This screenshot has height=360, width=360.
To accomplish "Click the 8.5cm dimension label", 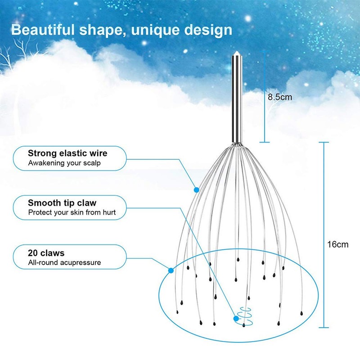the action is point(279,96).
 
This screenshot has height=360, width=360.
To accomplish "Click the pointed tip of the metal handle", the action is point(237,54).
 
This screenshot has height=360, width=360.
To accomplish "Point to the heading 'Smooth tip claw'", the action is point(62,203).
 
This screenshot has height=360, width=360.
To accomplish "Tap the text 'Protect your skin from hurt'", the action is point(75,212).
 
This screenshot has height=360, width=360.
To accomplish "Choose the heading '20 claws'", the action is point(46,253).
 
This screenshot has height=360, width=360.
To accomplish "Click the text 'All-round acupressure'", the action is point(64,262).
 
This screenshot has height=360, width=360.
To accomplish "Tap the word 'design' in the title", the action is point(211,30).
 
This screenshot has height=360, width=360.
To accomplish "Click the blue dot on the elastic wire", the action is point(196,189).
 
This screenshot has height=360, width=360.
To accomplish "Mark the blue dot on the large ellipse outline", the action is point(171,270).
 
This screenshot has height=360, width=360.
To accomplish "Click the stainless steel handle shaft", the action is point(237,99).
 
